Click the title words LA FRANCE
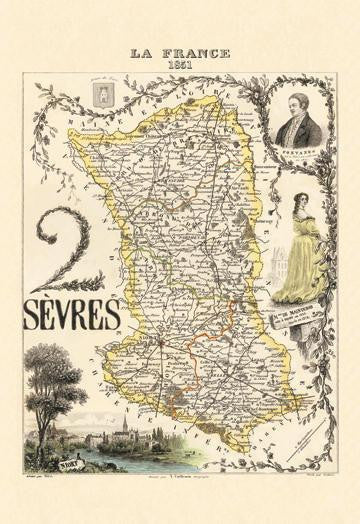(x=180, y=52)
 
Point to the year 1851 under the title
(x=180, y=63)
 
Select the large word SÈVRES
(x=68, y=313)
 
